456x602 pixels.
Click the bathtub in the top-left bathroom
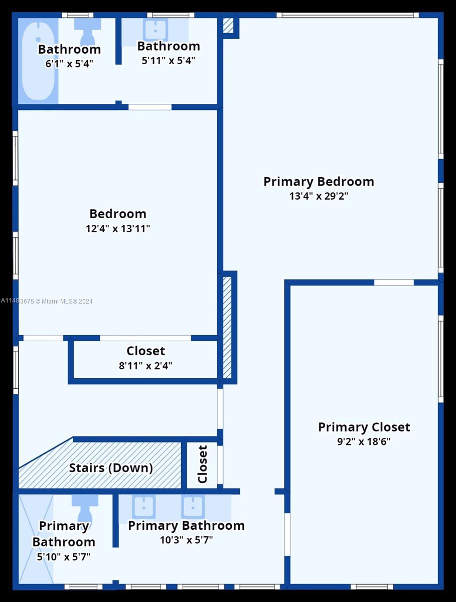[x=38, y=60]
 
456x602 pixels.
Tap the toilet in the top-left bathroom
[x=87, y=30]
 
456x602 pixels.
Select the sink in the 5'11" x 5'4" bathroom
[x=155, y=30]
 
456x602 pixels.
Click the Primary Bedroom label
[x=319, y=181]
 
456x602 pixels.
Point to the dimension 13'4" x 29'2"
[x=319, y=196]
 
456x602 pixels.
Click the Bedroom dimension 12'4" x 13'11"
[x=118, y=229]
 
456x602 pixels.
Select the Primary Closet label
[x=364, y=427]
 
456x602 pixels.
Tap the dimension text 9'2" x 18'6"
[x=364, y=442]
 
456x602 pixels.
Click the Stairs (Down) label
[x=110, y=468]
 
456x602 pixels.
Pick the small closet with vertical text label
[x=203, y=465]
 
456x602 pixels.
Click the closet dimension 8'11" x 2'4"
[x=145, y=366]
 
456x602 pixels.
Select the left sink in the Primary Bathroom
[x=143, y=506]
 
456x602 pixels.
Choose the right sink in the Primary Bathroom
[x=192, y=506]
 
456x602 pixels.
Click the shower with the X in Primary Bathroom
[x=36, y=539]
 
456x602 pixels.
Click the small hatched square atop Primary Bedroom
[x=228, y=26]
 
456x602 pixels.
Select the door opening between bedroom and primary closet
[x=394, y=282]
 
